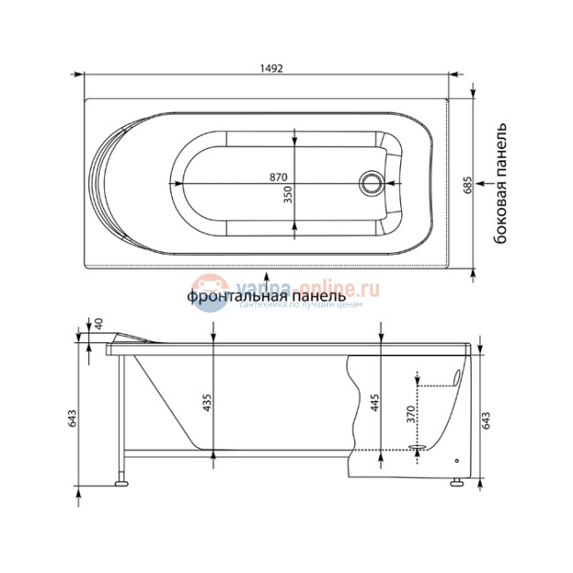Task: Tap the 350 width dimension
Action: coord(288,195)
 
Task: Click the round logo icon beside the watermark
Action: coord(209,289)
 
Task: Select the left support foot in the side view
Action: coord(120,481)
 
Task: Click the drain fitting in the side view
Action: coord(419,450)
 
